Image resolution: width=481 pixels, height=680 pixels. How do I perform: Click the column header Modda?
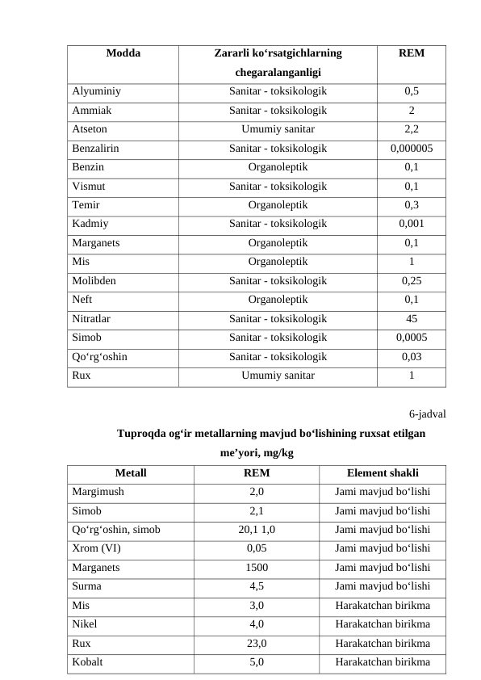click(123, 54)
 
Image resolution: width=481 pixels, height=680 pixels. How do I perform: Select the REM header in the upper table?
click(412, 54)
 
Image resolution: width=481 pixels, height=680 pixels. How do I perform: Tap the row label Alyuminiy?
click(96, 92)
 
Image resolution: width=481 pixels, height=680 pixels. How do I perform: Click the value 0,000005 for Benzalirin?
click(412, 149)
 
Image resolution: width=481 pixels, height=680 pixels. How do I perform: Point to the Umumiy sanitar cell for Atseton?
click(278, 129)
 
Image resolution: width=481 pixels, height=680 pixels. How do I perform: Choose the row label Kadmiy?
click(90, 225)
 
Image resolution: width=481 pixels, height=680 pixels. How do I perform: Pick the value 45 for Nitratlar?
click(412, 319)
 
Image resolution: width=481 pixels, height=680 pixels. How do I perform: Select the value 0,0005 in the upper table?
click(412, 338)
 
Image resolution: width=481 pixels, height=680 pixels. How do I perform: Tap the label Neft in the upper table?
click(82, 300)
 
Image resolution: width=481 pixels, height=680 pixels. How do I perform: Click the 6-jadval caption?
click(427, 414)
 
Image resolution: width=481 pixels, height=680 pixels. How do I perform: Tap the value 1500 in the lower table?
click(257, 568)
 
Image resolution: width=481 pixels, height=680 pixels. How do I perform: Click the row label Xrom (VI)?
click(95, 548)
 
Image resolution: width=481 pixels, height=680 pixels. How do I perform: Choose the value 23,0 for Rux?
click(257, 644)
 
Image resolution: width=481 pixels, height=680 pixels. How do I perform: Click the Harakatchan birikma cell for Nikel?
click(383, 624)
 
